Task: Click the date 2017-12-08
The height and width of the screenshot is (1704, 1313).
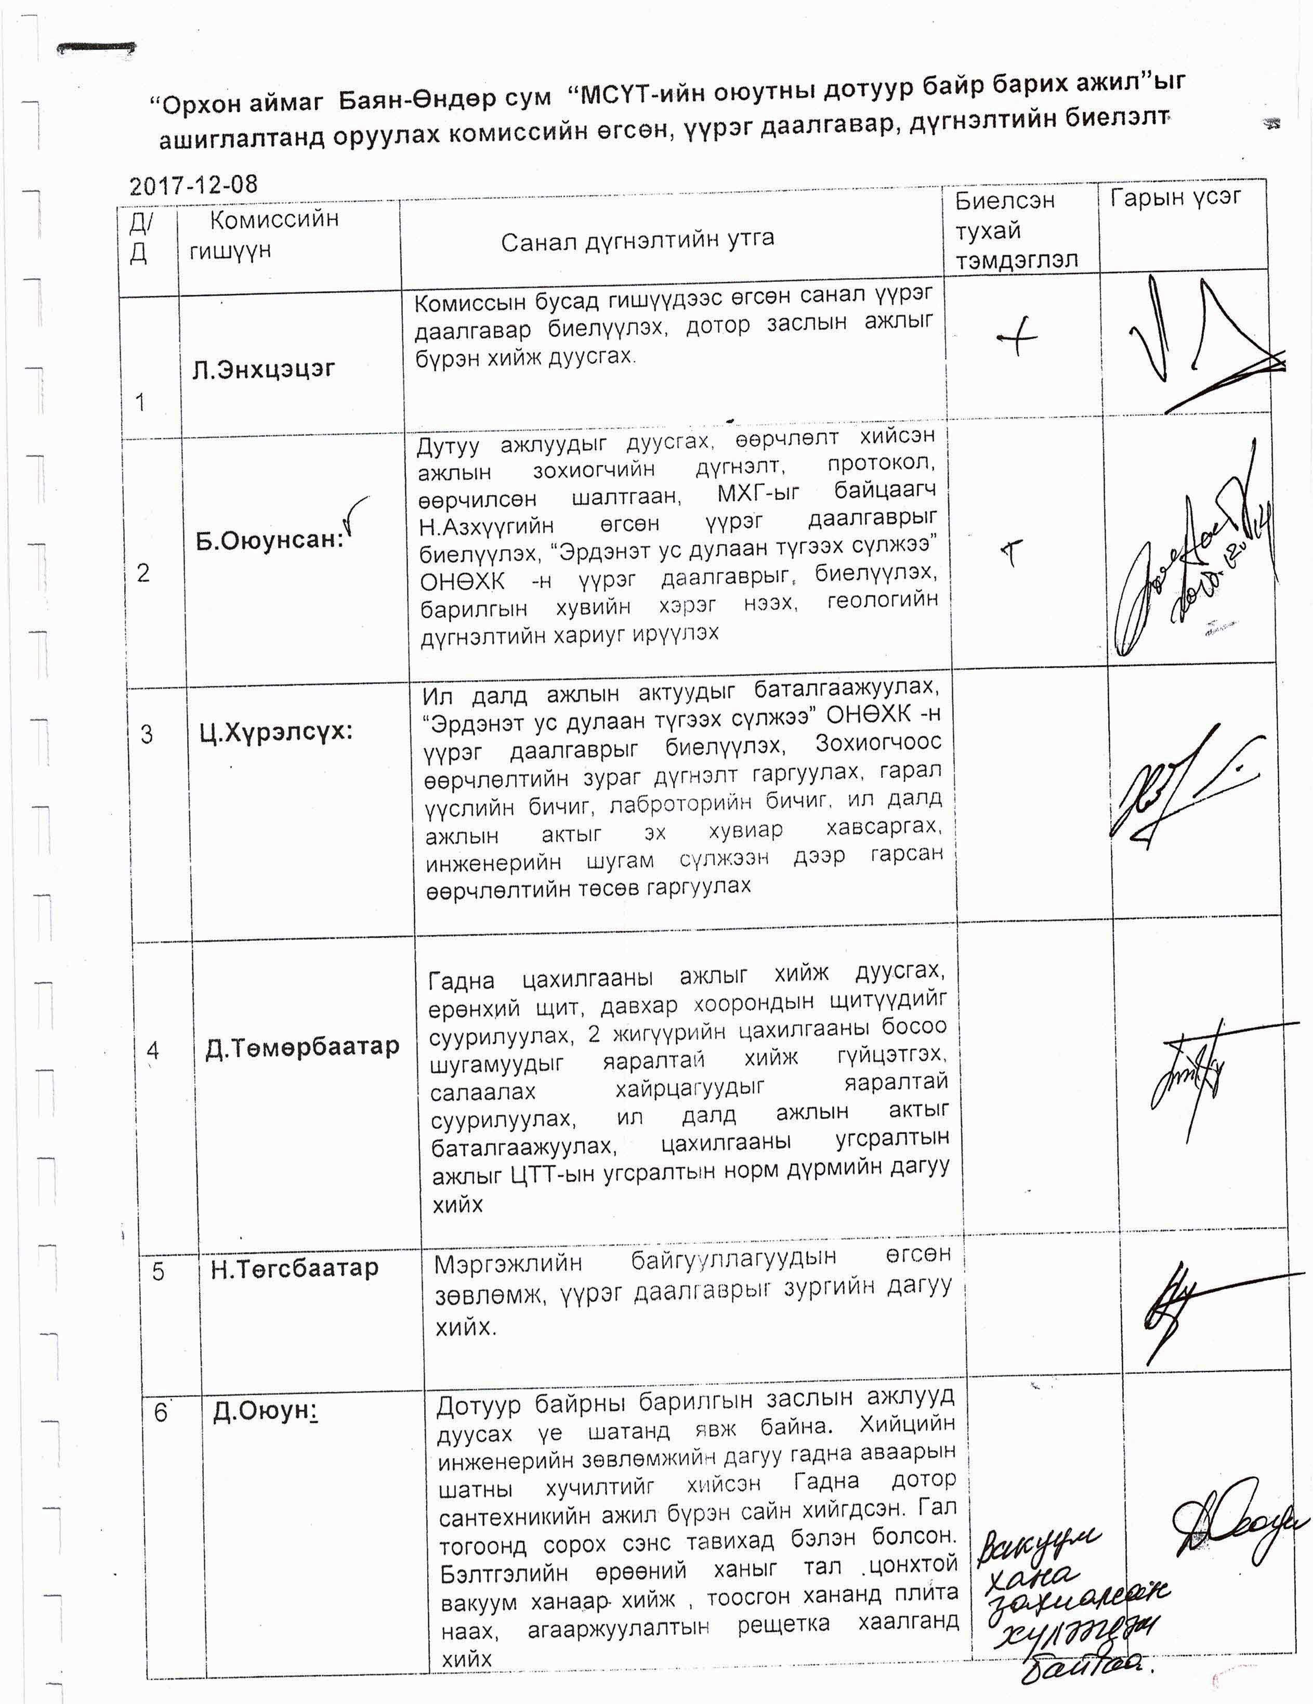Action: (193, 185)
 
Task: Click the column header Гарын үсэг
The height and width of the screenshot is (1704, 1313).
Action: (1176, 198)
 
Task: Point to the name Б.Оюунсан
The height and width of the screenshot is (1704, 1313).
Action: (269, 539)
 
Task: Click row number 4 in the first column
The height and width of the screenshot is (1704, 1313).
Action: (153, 1050)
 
